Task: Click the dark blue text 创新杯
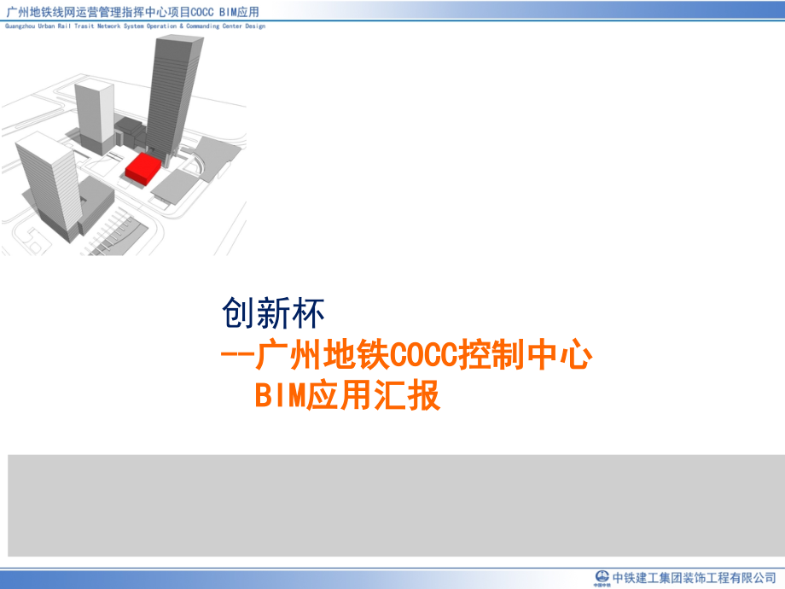(x=273, y=314)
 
